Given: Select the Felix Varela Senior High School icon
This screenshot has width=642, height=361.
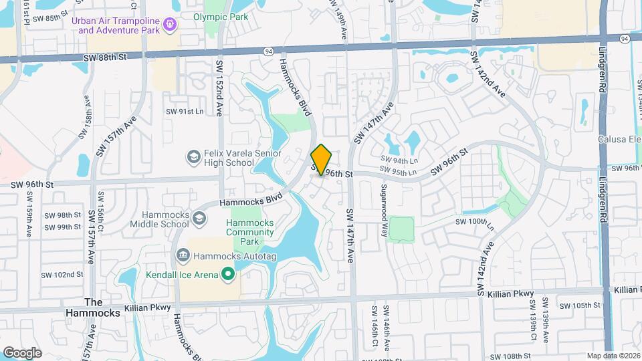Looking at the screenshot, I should pos(193,156).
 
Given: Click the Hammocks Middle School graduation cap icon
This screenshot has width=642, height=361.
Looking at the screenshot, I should pos(199,219).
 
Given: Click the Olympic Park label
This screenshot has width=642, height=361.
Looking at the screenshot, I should pos(221,17).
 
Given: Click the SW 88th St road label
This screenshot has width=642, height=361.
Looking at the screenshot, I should pos(105,57).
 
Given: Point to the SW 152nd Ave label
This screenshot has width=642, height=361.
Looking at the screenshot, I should pos(219,87).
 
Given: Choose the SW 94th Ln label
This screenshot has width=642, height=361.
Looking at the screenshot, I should pos(399,160).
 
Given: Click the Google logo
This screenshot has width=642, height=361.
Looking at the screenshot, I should pos(22,353).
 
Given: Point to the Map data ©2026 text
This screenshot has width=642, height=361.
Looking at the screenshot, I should pos(613,356).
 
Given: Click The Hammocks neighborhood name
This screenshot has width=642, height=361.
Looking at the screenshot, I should pos(92,307).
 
